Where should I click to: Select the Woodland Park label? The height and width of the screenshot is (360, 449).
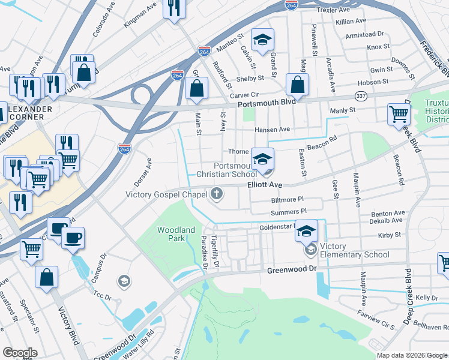(x=176, y=234)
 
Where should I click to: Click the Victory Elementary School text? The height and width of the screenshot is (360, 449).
(x=355, y=250)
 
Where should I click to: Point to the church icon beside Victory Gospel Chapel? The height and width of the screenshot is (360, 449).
(x=217, y=194)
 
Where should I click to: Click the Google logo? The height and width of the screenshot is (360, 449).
(x=20, y=352)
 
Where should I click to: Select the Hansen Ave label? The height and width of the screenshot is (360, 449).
(x=272, y=130)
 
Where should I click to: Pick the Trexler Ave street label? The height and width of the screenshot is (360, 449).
(x=334, y=10)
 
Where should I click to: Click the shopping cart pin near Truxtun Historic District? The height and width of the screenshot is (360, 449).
(x=399, y=114)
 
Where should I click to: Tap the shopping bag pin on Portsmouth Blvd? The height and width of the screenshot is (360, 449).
(x=297, y=85)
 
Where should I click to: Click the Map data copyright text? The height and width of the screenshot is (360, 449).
(x=412, y=355)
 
